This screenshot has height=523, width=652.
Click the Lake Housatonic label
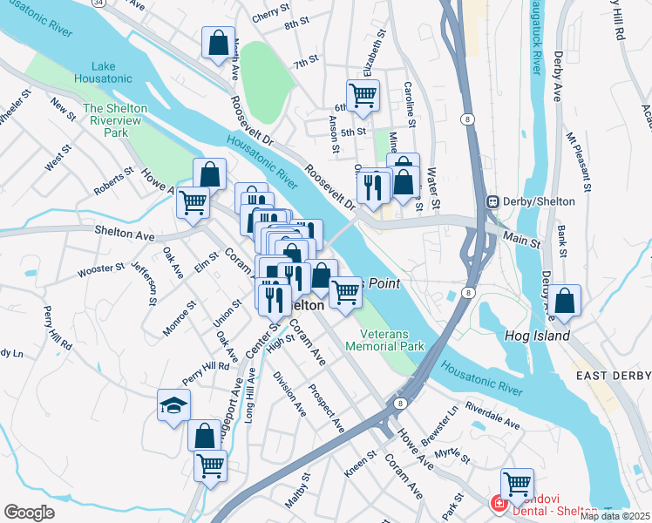(x=116, y=73)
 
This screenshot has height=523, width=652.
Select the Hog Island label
(x=538, y=336)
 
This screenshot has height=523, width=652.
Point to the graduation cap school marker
(x=173, y=405)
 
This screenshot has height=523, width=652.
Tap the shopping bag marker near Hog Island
(x=565, y=302)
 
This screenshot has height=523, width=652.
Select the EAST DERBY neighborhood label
(x=613, y=375)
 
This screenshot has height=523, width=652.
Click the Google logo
(x=30, y=512)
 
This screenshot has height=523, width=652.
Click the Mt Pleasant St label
(x=578, y=161)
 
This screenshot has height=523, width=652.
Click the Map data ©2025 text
(x=615, y=516)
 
